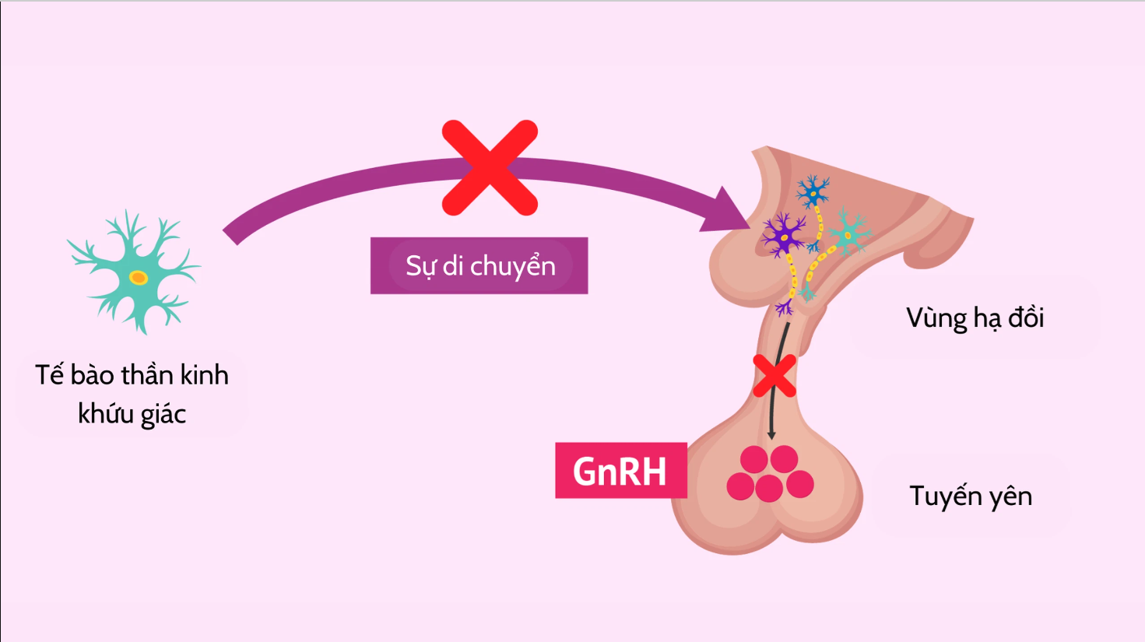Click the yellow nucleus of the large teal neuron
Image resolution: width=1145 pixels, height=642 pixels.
coord(139,278)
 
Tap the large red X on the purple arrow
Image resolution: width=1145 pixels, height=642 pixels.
coord(490,167)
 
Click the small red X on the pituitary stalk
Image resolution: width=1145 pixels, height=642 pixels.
coord(774,376)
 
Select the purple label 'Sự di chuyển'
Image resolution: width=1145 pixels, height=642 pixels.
coord(479,265)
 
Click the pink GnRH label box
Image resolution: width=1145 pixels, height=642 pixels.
coord(620,471)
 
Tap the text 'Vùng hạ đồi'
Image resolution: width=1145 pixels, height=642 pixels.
coord(975,317)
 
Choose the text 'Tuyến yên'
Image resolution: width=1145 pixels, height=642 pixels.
coord(971,496)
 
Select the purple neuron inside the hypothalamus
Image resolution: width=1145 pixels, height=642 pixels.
coord(784,234)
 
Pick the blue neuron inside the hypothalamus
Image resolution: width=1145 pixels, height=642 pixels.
coord(813,191)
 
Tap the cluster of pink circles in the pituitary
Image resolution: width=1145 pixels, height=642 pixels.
coord(770,474)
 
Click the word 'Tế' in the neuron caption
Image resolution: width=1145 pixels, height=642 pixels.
coord(49,375)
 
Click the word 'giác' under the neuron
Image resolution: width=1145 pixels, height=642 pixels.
coord(163,414)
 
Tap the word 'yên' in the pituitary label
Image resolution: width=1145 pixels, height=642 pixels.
coord(1010,496)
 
